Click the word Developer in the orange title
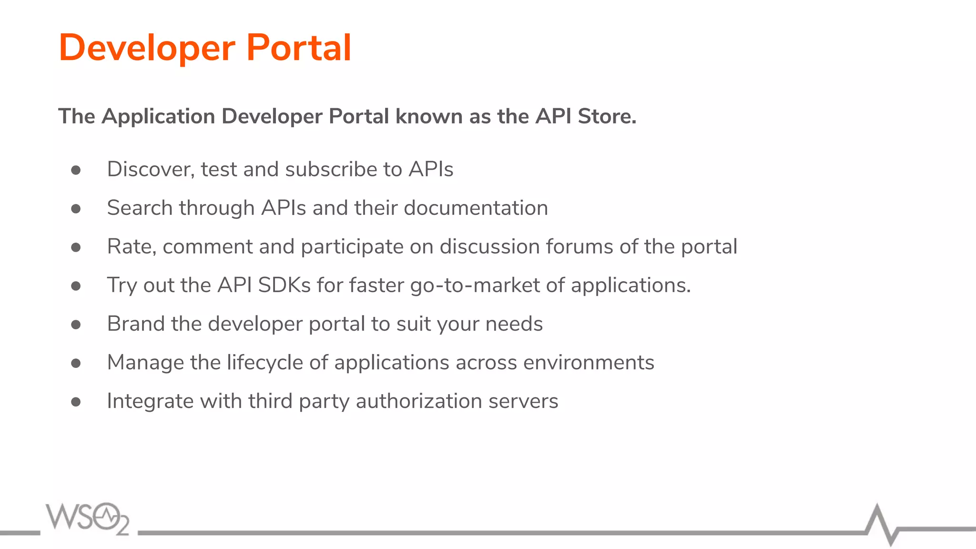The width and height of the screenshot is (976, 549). (x=147, y=49)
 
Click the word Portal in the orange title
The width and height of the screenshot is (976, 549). (x=299, y=48)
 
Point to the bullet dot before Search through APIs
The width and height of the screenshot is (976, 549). (x=76, y=209)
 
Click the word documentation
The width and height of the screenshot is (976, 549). (x=476, y=208)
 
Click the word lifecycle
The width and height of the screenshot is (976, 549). (x=264, y=363)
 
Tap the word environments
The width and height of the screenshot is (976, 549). (x=589, y=363)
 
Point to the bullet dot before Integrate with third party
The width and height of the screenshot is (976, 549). (x=76, y=402)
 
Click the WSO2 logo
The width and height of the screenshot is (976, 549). (x=88, y=518)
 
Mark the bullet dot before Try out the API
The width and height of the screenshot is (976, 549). (x=76, y=286)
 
